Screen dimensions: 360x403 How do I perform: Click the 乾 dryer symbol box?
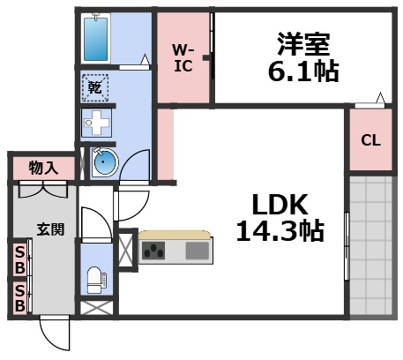point(94,87)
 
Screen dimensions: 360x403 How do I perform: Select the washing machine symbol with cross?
point(94,122)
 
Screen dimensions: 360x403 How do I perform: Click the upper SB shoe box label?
point(18,259)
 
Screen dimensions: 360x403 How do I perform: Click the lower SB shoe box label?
point(18,296)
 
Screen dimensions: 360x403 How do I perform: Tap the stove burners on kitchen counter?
point(153,251)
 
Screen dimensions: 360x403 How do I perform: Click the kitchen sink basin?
point(197,251)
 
